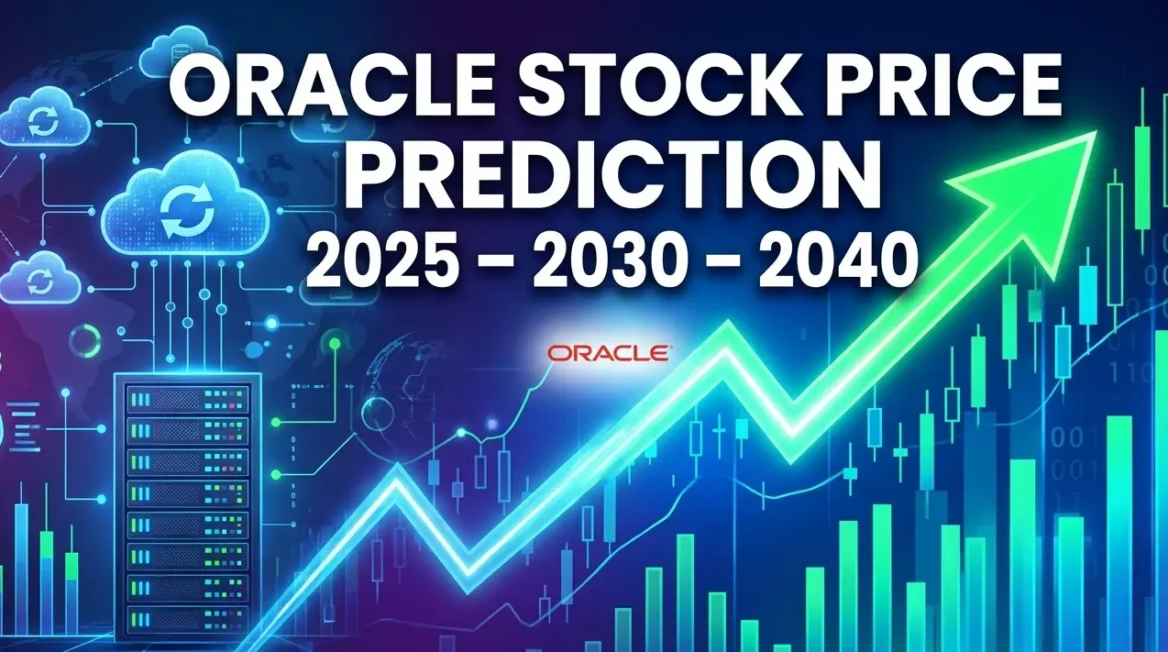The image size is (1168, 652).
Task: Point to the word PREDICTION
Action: click(612, 174)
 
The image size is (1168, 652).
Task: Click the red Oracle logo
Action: click(608, 352)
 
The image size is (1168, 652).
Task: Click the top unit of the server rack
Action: click(187, 401)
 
